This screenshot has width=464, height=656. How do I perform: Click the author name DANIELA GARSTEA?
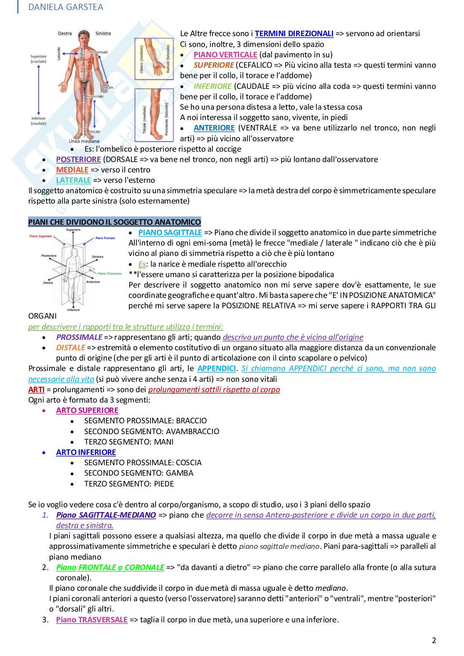[66, 7]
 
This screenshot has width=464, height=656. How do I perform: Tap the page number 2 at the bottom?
[434, 640]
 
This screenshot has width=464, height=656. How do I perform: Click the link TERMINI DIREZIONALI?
[294, 34]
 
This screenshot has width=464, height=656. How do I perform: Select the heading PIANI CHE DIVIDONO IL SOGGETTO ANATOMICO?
[114, 222]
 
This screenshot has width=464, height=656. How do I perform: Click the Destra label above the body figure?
[65, 33]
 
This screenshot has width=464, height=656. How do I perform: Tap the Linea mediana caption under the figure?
[84, 141]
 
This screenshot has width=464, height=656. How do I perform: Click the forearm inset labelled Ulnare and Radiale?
[153, 58]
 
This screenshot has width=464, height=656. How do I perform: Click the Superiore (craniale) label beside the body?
[38, 59]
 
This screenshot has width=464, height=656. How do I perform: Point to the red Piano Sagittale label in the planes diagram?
[40, 236]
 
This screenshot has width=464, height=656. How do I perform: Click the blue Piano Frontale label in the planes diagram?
[105, 238]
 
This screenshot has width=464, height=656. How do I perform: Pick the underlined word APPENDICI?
[217, 369]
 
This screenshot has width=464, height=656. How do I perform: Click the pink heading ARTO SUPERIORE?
[87, 410]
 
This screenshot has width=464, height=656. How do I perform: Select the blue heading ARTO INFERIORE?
[86, 452]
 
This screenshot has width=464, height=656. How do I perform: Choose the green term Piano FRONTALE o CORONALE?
[110, 568]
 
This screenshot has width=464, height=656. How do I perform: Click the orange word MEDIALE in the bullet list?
[72, 170]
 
